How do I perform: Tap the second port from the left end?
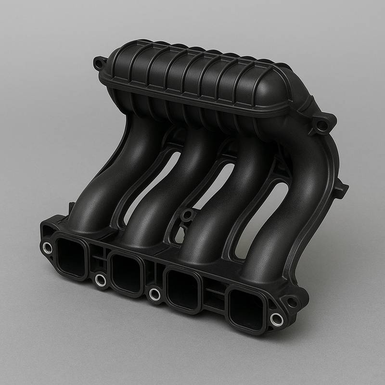(127, 270)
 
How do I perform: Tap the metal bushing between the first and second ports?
(100, 279)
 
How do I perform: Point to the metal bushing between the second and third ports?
(154, 293)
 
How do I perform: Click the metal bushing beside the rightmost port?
(276, 318)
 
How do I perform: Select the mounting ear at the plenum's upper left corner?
(99, 63)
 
